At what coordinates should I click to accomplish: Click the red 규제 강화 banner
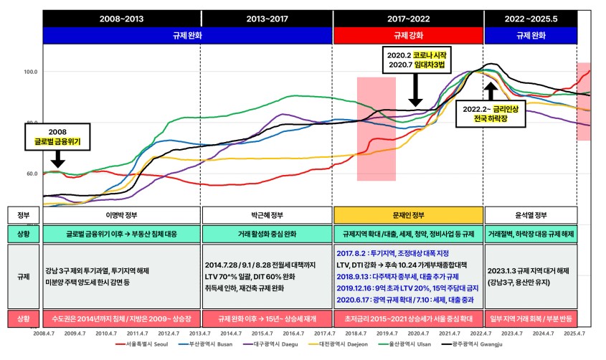(x=407, y=35)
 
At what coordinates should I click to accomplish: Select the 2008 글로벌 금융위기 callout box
(x=57, y=138)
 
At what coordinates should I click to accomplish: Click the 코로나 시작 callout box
(x=416, y=61)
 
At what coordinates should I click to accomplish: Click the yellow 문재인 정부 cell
(x=407, y=214)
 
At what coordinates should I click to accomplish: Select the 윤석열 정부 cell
(x=530, y=214)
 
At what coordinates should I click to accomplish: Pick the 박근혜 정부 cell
(x=267, y=214)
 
